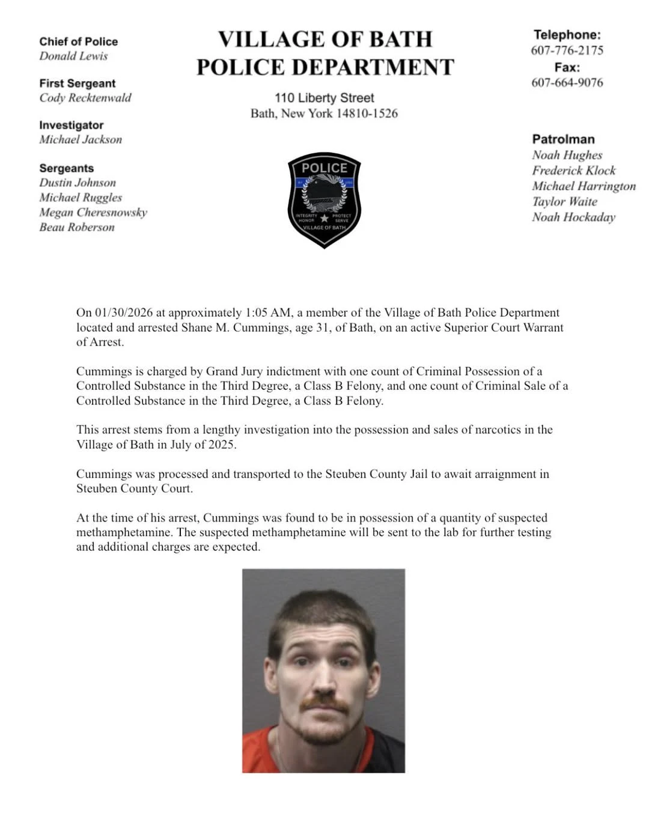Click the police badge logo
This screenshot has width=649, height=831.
coord(324,199)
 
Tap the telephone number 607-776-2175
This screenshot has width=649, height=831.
coord(567,50)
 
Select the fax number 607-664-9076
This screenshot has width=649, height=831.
coord(567,83)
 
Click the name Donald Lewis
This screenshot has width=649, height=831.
coord(73,56)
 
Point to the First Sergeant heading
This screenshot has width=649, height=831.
coord(77,84)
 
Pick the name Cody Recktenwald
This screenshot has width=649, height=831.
coord(85,98)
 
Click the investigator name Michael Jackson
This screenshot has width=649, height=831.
coord(81,139)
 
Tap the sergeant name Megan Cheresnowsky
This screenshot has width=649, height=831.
coord(93,212)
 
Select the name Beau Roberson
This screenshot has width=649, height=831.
coord(77,227)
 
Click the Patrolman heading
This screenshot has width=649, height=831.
coord(563,139)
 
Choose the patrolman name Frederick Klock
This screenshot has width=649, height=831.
coord(573,171)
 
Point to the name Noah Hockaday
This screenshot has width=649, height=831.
coord(573,218)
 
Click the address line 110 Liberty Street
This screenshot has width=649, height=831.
coord(324,98)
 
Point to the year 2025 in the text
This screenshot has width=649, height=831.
coord(222,445)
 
